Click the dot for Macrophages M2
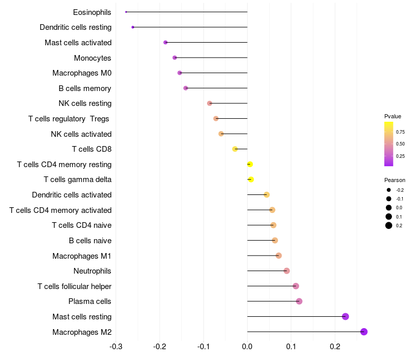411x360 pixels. point(364,332)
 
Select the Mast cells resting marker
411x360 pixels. point(345,316)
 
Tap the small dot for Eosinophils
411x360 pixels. point(126,12)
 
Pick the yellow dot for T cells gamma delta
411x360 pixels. point(251,179)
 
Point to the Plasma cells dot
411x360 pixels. point(299,301)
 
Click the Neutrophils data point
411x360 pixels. point(287,271)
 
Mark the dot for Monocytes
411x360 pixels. point(175,58)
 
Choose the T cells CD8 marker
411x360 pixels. point(235,149)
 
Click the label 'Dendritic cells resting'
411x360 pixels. point(76,27)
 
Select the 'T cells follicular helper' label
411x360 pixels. point(74,286)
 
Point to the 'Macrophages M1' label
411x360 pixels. point(82,256)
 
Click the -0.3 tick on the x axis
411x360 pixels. point(116,346)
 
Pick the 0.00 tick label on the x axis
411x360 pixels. point(247,346)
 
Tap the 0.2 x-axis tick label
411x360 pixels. point(335,346)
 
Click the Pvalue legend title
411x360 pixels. point(393,116)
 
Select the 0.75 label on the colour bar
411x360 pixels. point(400,132)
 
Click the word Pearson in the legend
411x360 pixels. point(395,180)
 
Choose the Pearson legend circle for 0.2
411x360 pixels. point(389,225)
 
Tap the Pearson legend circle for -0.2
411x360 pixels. point(389,190)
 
